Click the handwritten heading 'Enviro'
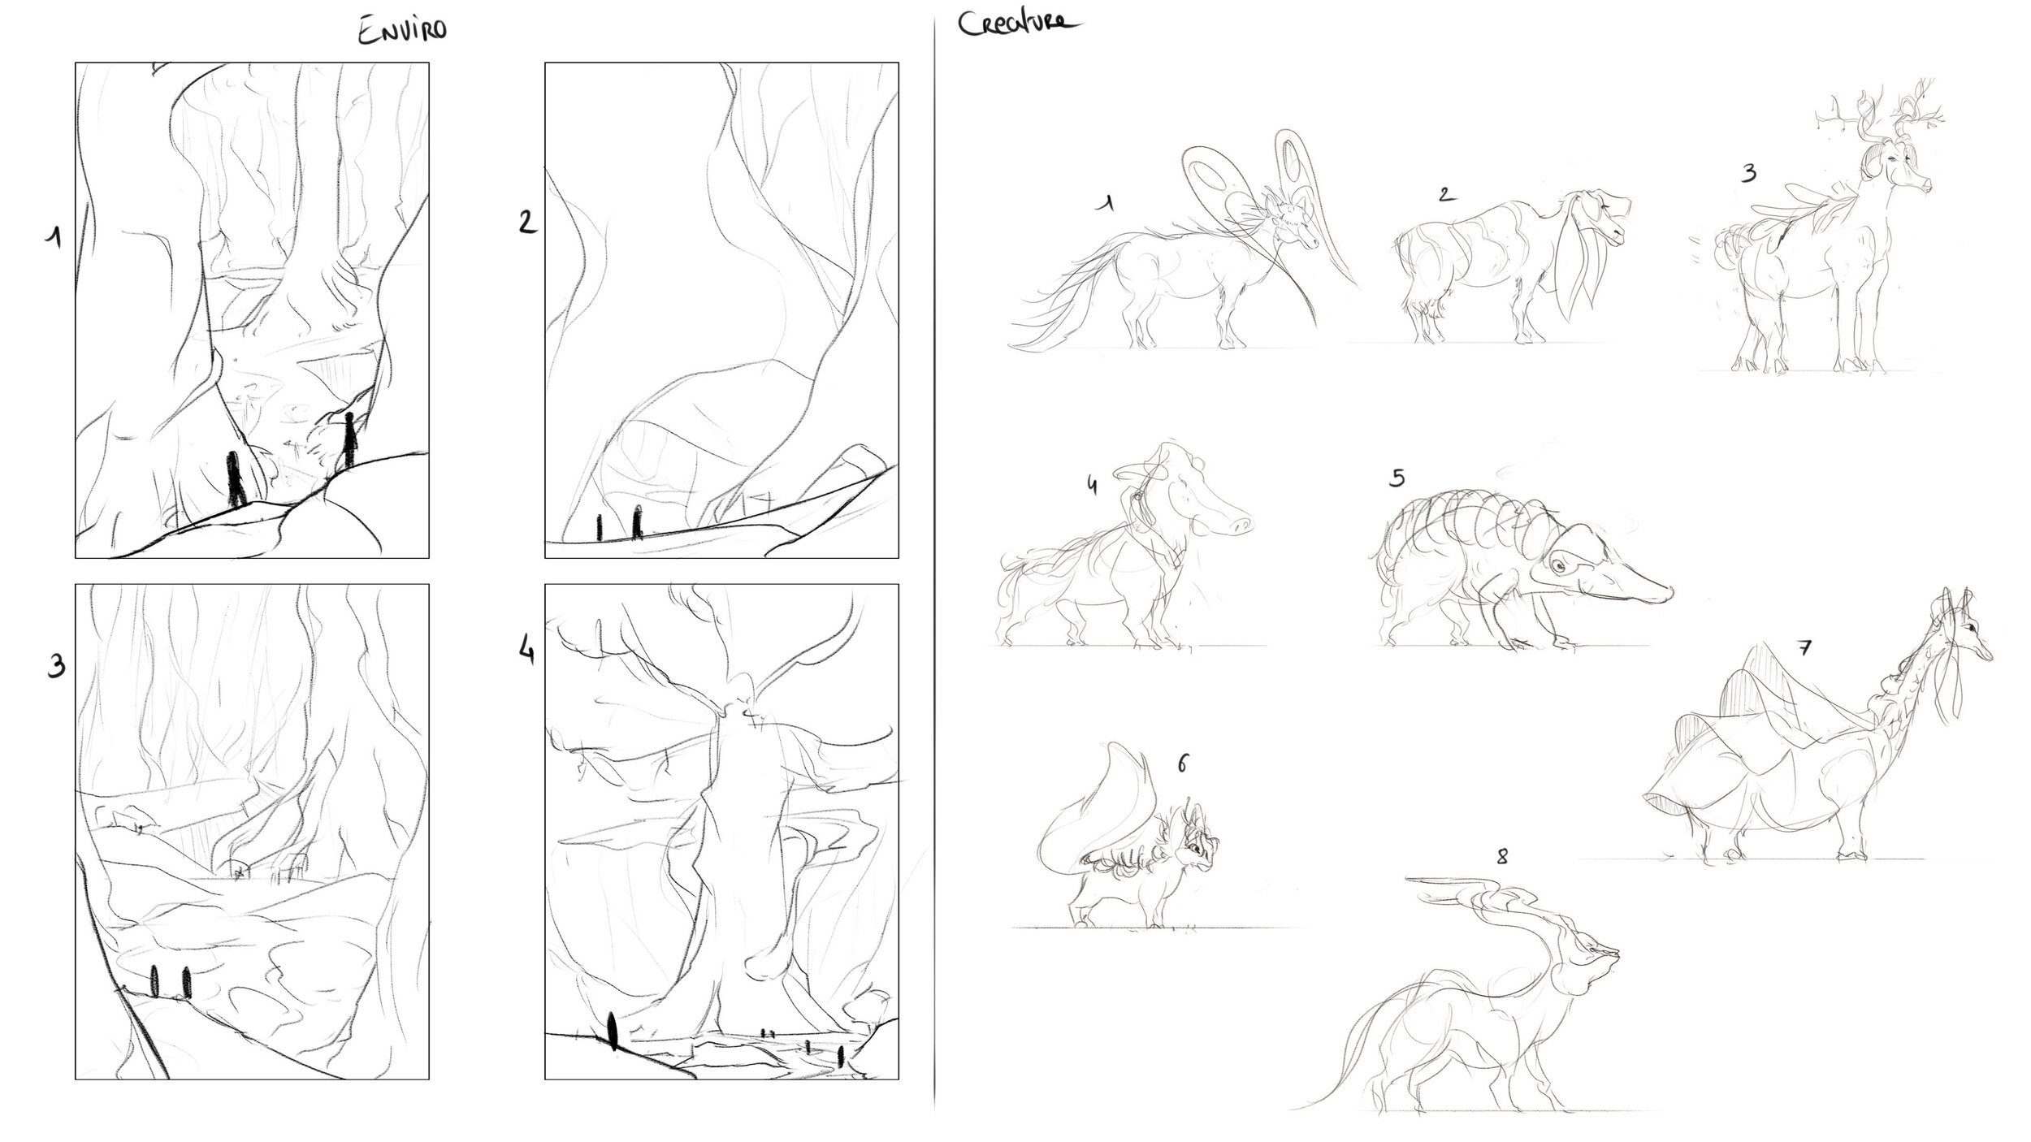403,32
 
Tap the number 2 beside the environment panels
528,221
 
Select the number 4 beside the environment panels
527,651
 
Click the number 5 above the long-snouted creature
1397,478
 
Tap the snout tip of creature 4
1241,525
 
